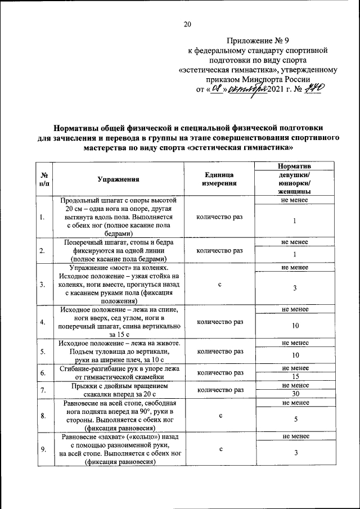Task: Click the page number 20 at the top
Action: click(x=187, y=24)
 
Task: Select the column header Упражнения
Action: click(x=118, y=179)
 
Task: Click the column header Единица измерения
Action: click(x=220, y=179)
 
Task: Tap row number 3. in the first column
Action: click(x=43, y=285)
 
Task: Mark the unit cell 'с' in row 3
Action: click(x=220, y=285)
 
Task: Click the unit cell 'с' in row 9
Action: click(x=220, y=449)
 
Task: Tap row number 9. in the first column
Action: click(x=43, y=449)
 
